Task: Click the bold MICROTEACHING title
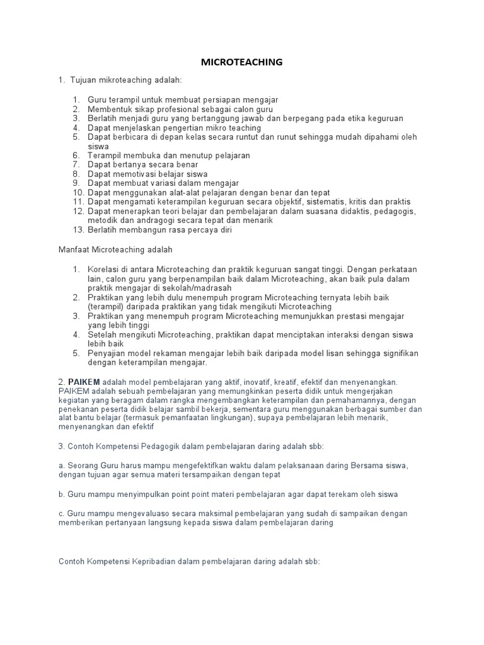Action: click(241, 62)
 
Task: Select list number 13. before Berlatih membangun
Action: click(78, 231)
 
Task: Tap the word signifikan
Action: click(396, 353)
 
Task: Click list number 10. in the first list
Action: click(78, 192)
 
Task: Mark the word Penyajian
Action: click(107, 353)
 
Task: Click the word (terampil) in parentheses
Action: click(108, 306)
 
